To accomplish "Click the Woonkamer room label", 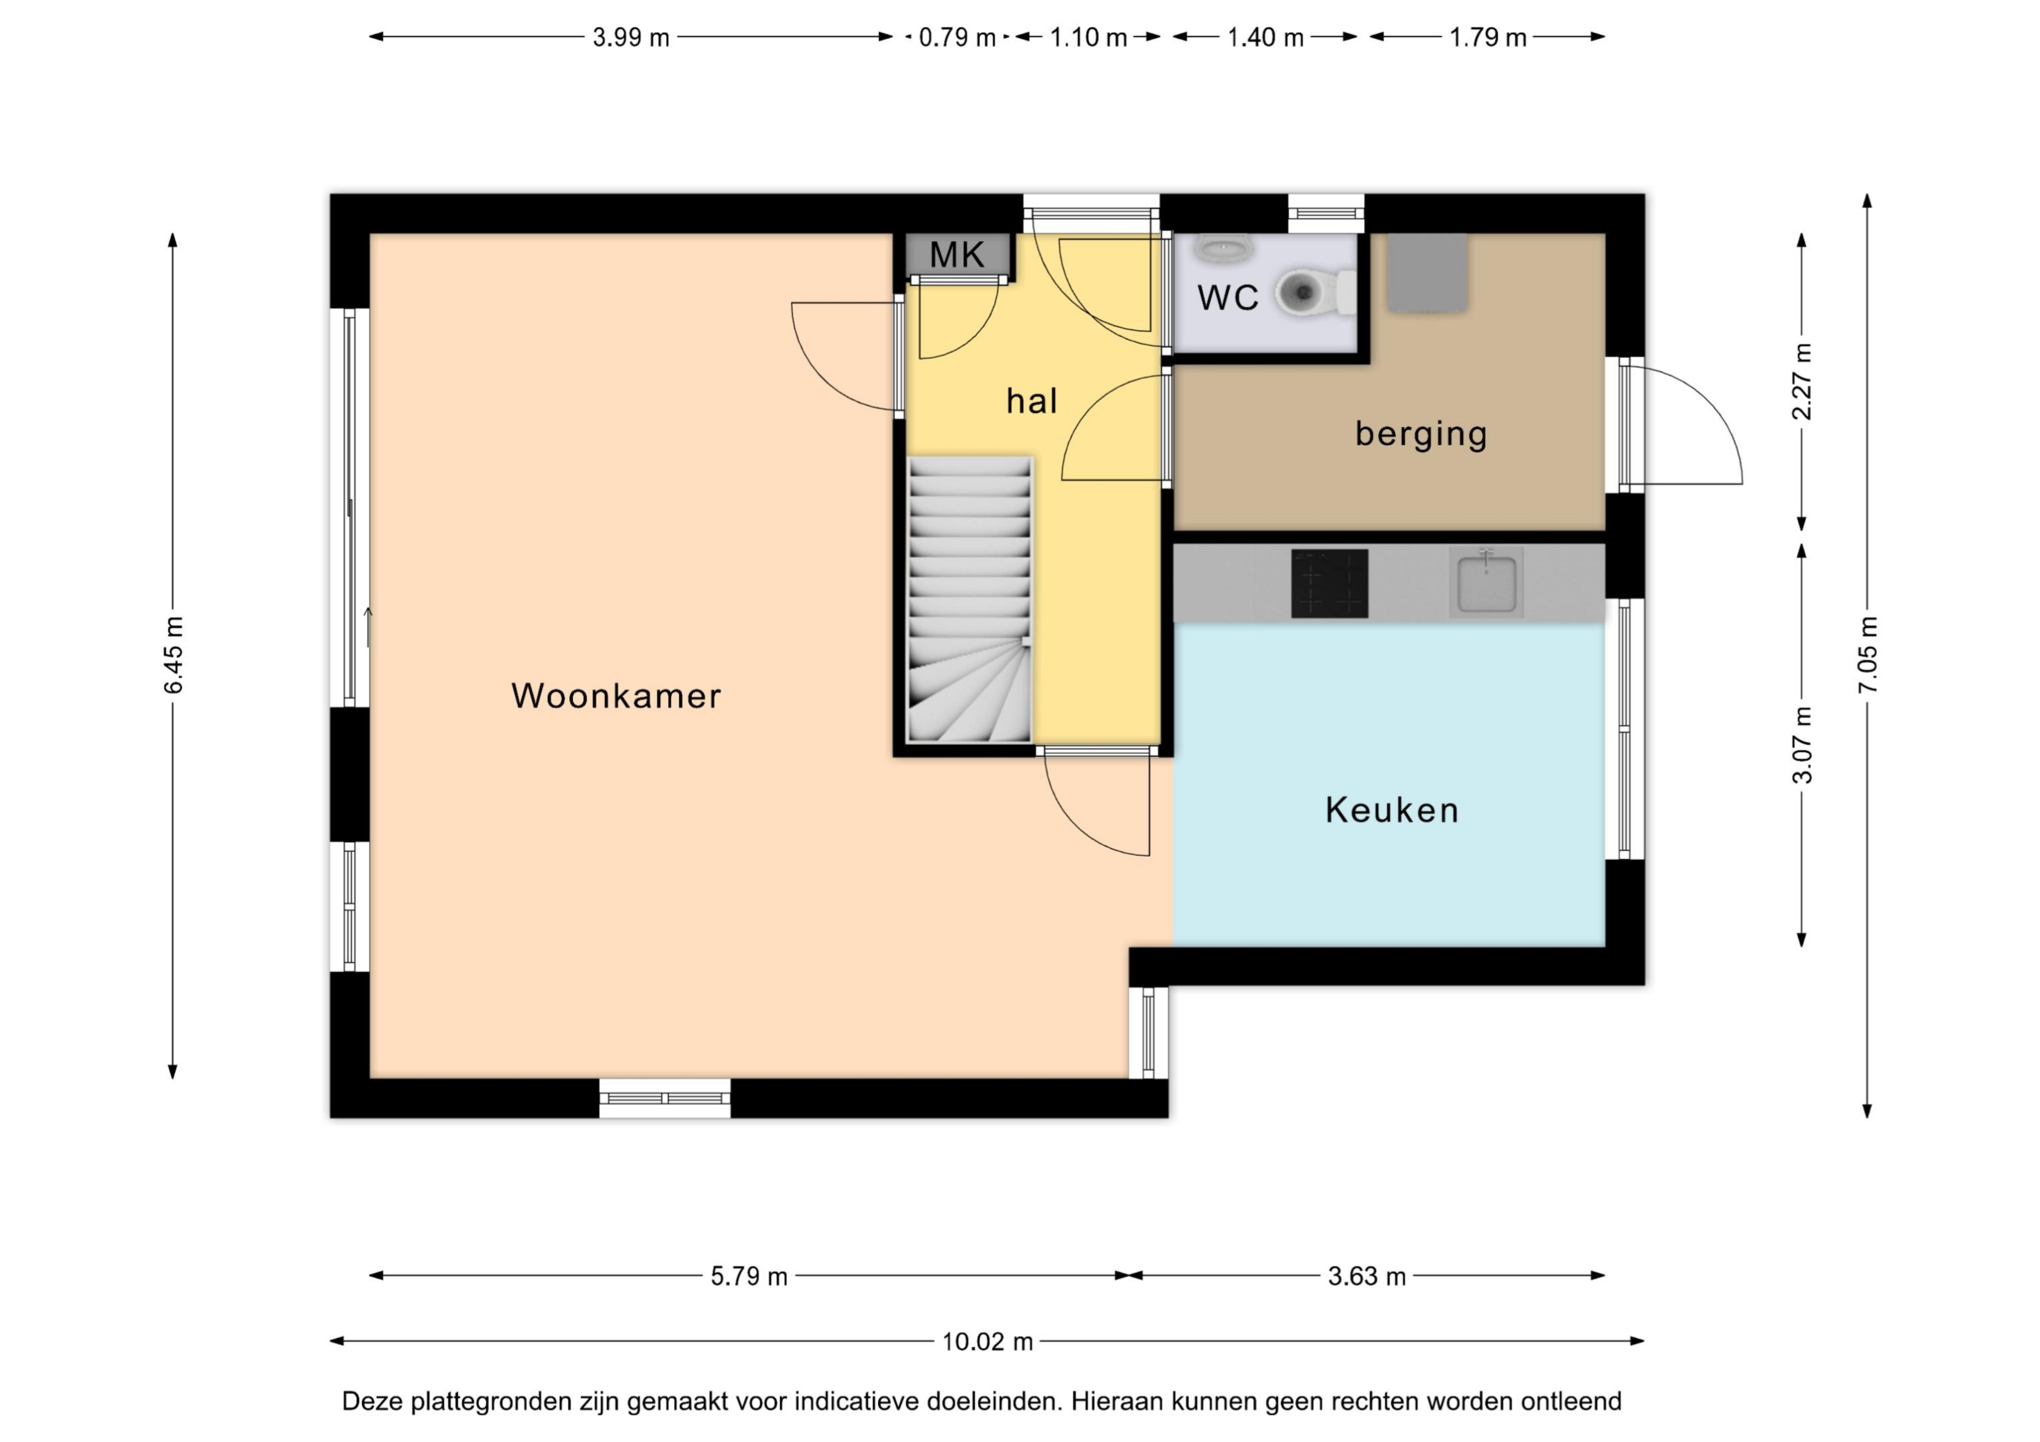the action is (616, 696).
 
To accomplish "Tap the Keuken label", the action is (1391, 810).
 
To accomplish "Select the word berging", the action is (1421, 433).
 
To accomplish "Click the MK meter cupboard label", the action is (957, 255).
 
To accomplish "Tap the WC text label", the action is (1228, 297).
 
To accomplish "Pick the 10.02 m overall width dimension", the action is (987, 1342).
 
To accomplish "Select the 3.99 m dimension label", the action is (631, 37).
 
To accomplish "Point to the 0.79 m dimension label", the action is (957, 37).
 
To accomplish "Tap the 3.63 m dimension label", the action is (1366, 1277).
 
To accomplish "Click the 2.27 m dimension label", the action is (1802, 381).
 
